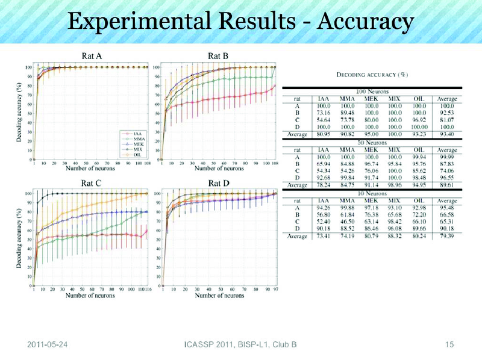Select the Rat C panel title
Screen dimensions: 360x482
pos(91,183)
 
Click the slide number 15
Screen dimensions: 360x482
pos(448,344)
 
